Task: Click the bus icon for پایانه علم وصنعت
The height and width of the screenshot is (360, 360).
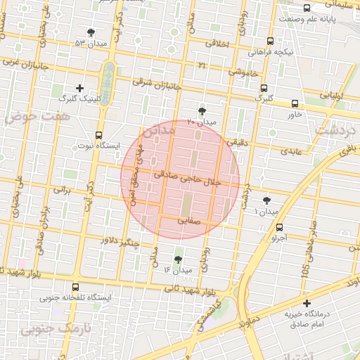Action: point(307,8)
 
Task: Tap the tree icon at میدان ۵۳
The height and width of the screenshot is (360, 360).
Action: point(91,32)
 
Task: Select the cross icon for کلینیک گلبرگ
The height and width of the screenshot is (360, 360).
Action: point(79,88)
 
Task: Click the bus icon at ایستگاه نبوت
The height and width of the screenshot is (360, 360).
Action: point(98,134)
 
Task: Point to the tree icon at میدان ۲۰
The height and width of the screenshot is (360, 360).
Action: point(202,111)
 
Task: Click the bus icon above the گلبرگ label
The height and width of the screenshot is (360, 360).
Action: point(264,89)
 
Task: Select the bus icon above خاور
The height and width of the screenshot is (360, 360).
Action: point(294,103)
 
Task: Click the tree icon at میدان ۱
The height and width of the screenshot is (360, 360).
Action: point(266,200)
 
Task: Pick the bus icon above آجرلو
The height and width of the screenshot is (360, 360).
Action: point(280,227)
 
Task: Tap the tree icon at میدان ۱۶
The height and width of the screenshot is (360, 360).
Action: point(176,259)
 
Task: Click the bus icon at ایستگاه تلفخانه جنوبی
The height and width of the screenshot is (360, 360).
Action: point(76,286)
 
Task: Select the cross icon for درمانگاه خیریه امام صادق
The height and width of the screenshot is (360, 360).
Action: point(306,303)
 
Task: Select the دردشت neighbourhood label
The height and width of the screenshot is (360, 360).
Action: point(335,129)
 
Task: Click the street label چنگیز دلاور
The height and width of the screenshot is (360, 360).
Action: point(120,243)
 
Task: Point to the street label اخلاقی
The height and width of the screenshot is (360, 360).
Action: point(216,43)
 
